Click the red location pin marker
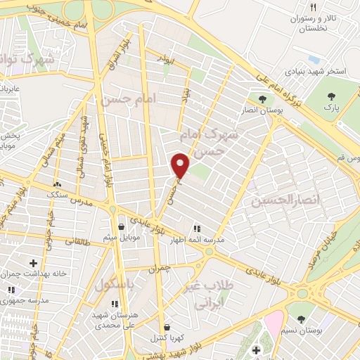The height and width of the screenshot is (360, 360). click(x=181, y=165)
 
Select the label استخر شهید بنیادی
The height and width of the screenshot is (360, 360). click(x=314, y=72)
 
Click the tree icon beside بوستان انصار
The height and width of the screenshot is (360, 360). click(x=262, y=99)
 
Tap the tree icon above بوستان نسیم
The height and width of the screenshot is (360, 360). click(x=302, y=319)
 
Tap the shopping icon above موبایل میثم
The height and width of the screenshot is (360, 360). click(x=122, y=227)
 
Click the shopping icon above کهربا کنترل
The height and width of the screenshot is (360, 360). click(x=167, y=327)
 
